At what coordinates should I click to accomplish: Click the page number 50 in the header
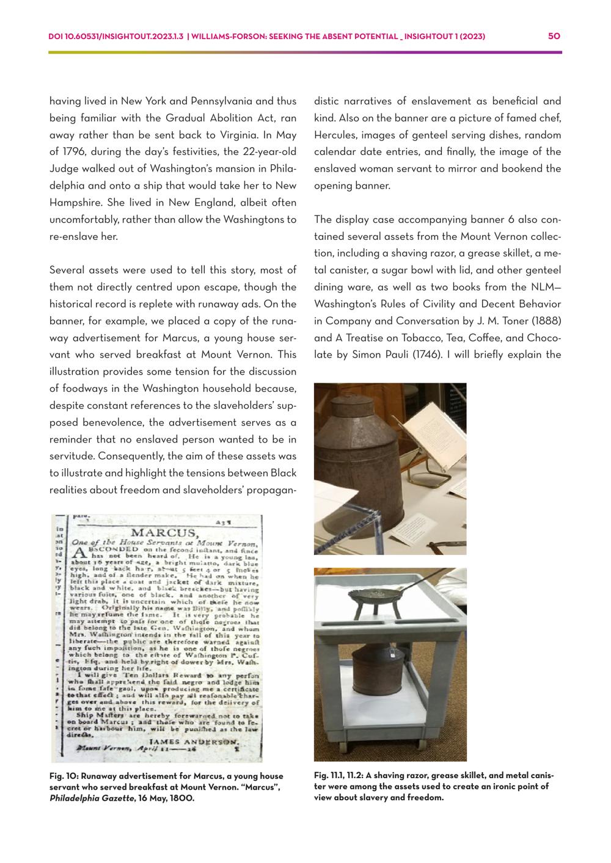pos(554,37)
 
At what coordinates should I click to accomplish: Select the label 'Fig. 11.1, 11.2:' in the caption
pos(343,775)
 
